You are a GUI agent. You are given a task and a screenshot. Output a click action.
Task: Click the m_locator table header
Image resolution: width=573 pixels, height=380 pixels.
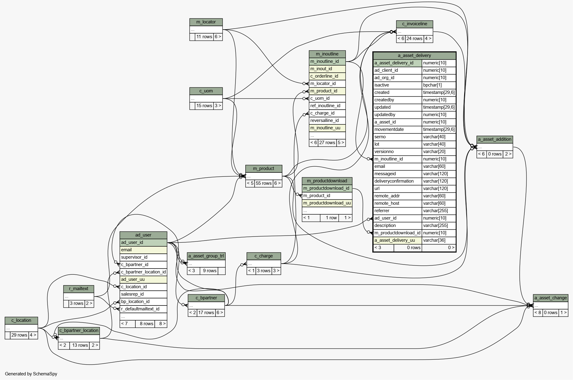coord(206,22)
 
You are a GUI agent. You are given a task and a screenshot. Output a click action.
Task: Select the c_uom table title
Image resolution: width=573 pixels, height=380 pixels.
coord(206,91)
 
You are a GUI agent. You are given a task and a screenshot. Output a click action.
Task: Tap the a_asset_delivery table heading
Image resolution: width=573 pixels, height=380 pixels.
coord(414,56)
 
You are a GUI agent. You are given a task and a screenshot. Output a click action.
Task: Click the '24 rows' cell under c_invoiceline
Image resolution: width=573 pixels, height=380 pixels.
coord(414,39)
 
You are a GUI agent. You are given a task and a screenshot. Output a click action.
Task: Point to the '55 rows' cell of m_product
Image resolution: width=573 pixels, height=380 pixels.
coord(264,184)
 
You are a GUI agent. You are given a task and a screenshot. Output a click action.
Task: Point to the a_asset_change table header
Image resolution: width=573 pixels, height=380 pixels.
coord(550,298)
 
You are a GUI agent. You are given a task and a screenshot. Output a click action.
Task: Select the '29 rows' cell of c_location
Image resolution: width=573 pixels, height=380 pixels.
coord(19,335)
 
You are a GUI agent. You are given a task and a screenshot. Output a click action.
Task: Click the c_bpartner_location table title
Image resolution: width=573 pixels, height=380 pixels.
coord(79,331)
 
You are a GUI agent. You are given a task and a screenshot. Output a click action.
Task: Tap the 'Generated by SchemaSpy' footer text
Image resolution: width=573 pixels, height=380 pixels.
coord(31,374)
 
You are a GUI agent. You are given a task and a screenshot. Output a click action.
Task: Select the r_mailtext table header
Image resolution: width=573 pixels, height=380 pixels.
coord(79,289)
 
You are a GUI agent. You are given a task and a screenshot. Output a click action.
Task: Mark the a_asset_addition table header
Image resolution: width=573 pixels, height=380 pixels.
coord(495,139)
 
